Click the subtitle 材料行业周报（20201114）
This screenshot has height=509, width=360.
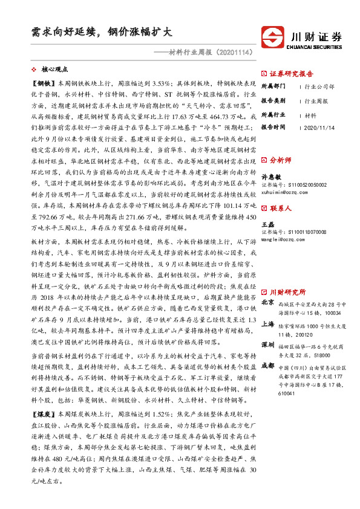coord(208,53)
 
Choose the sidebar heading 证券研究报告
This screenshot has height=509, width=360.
coord(291,74)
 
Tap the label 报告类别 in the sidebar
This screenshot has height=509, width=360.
coord(273,100)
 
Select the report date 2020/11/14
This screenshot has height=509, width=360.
coord(321,128)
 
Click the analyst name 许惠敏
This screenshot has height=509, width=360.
coord(272,177)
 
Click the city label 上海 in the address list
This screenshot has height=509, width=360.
coord(267,324)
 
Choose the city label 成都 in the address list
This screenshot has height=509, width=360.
coord(267,366)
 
